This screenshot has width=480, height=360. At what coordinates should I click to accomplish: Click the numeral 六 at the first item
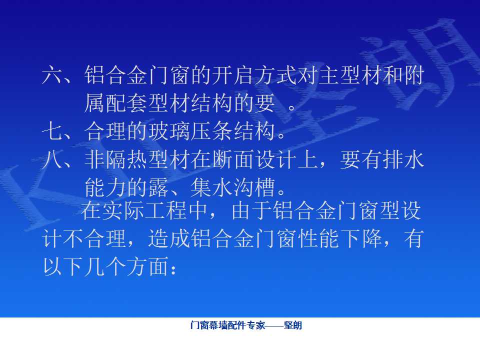[x=52, y=75]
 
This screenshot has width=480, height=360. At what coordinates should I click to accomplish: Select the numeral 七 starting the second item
[x=52, y=131]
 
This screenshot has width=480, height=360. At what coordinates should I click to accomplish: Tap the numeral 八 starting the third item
[x=52, y=160]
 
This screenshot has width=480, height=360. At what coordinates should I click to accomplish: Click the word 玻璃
[x=169, y=131]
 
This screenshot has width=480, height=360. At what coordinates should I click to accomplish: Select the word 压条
[x=211, y=131]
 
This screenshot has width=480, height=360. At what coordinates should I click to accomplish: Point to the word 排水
[x=403, y=160]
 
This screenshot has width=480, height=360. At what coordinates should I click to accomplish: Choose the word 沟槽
[x=254, y=187]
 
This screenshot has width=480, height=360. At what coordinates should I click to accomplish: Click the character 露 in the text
[x=158, y=187]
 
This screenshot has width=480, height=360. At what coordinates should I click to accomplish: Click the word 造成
[x=169, y=239]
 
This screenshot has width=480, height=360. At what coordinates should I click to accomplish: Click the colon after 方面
[x=173, y=270]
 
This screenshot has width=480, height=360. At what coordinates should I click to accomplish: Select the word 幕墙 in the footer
[x=217, y=325]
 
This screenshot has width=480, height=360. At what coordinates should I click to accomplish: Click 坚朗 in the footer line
[x=293, y=325]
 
